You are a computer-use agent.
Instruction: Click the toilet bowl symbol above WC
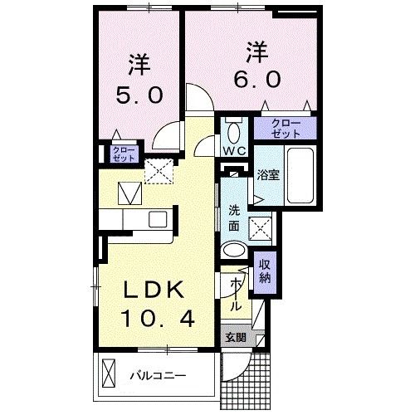[x=233, y=132]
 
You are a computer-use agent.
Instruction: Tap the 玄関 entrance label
[x=235, y=337]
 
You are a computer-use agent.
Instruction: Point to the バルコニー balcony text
[x=158, y=376]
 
